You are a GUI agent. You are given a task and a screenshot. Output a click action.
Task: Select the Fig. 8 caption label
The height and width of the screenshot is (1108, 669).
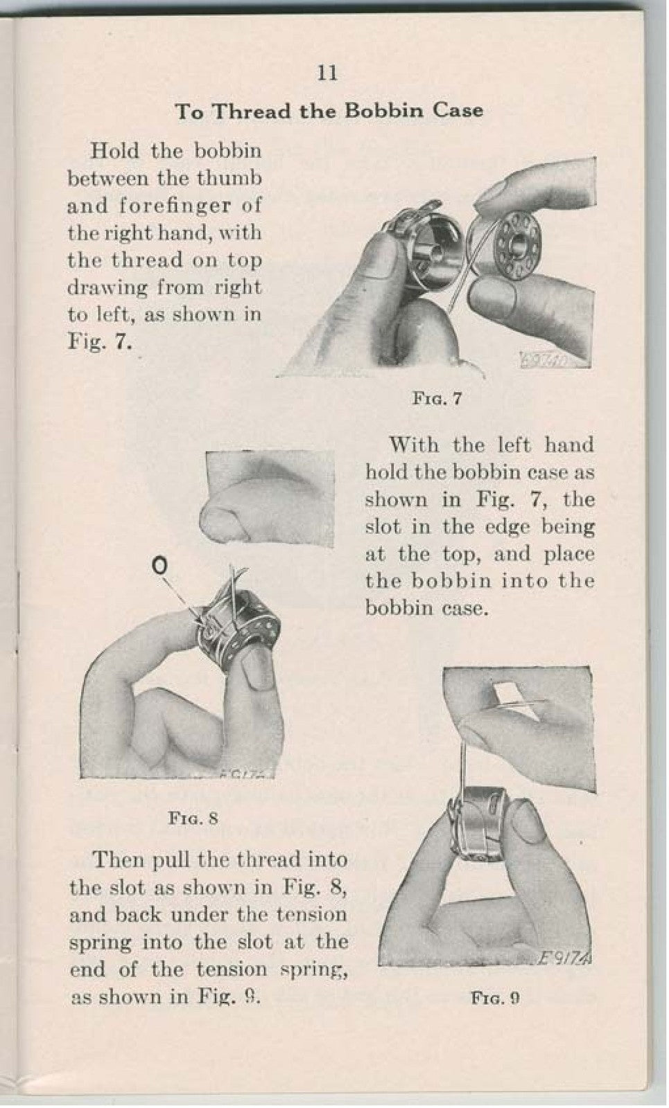[x=193, y=819]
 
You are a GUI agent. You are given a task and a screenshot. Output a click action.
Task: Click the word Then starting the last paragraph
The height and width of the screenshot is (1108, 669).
[x=118, y=860]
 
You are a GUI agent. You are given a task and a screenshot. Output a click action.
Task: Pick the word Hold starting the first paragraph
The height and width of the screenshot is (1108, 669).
[x=114, y=150]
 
